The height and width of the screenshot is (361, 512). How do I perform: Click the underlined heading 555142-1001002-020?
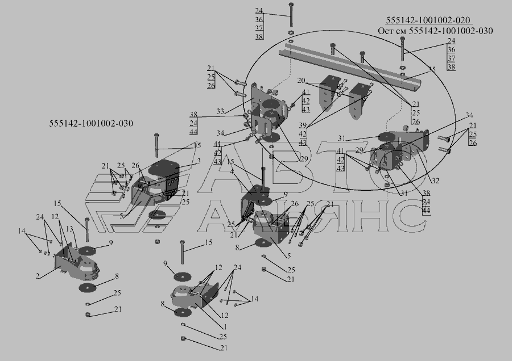(x=428, y=20)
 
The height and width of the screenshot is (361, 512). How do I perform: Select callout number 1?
(x=225, y=327)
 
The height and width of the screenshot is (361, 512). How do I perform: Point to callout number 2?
(x=38, y=276)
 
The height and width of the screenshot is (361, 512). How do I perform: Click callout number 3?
(x=199, y=161)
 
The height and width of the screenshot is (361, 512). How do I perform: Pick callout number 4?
(x=232, y=171)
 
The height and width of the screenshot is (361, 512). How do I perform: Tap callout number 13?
(x=69, y=229)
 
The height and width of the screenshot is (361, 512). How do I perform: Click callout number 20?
(x=301, y=81)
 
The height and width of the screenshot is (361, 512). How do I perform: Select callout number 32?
(x=435, y=180)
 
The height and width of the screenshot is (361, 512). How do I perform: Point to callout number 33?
(x=220, y=111)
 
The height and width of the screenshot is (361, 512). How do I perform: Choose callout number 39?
(x=303, y=125)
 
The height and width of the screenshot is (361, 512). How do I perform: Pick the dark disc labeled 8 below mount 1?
(x=183, y=312)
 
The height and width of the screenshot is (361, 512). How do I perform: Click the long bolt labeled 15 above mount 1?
(x=182, y=252)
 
